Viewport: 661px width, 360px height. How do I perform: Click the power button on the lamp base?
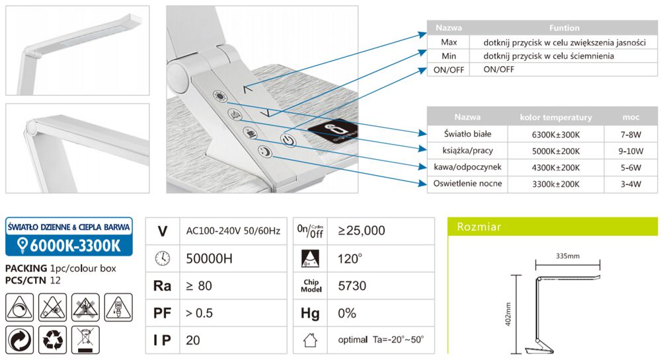click(286, 139)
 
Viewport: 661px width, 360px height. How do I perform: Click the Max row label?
click(449, 42)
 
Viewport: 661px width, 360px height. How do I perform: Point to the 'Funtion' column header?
click(564, 28)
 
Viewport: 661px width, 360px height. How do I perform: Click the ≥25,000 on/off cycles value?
click(362, 231)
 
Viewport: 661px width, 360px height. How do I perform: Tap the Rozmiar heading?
click(479, 227)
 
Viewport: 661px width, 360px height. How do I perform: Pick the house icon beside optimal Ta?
click(309, 340)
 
